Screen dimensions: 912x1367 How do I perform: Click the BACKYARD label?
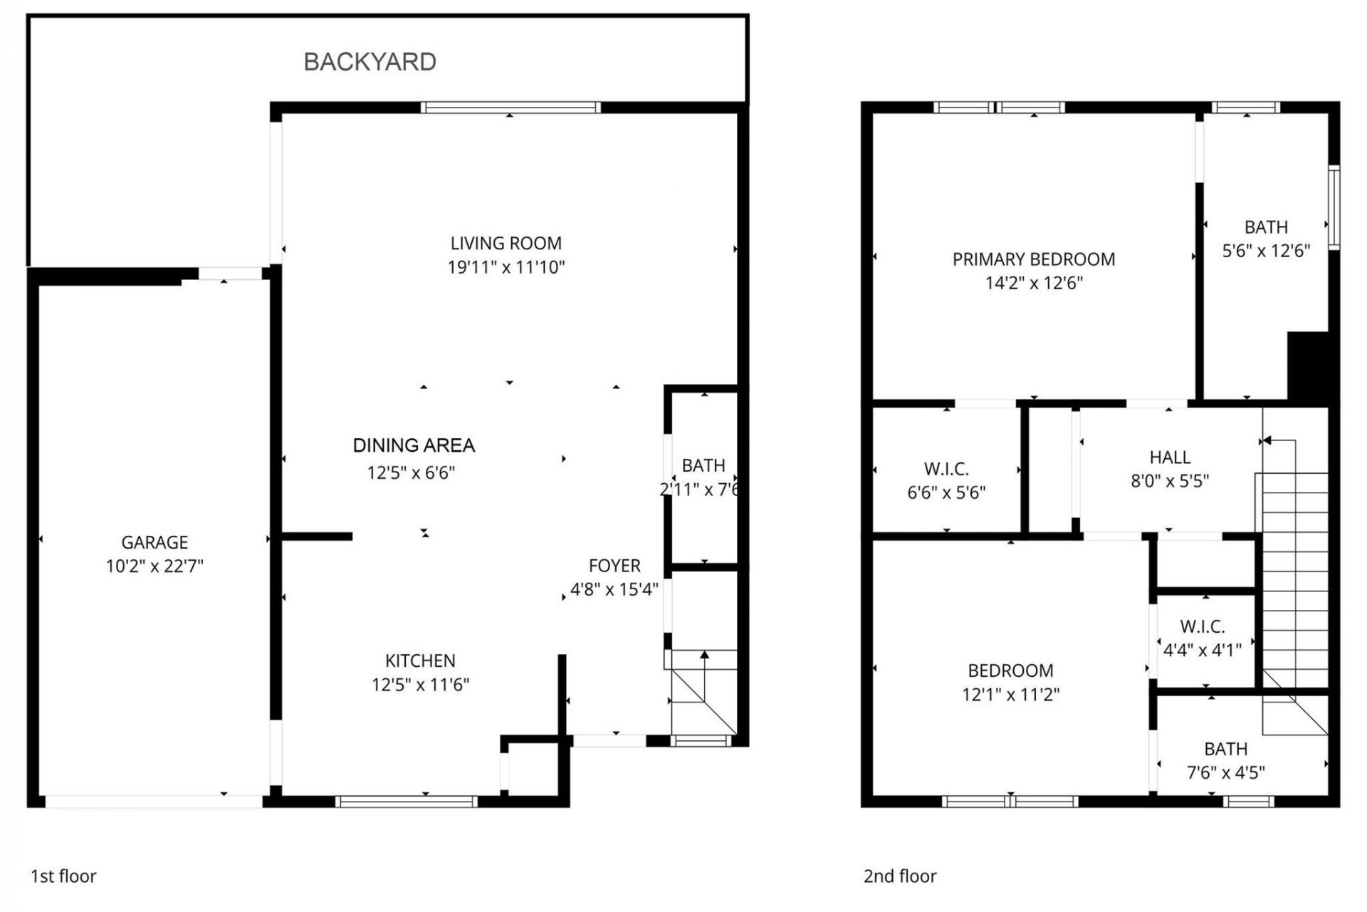pos(370,62)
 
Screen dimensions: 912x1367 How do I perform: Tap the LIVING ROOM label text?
pos(506,243)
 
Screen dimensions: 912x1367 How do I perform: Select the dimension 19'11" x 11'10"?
pos(506,267)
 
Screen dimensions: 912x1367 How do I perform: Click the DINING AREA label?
pos(414,445)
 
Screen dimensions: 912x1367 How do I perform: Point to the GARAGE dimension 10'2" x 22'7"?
pos(154,566)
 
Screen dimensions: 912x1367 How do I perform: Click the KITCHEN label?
pos(420,660)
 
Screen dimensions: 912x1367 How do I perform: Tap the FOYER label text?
pos(614,566)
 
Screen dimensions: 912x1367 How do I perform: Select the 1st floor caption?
pos(63,876)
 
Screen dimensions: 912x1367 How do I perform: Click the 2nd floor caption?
pos(900,876)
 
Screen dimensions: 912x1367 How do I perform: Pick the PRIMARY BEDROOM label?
pos(1033,259)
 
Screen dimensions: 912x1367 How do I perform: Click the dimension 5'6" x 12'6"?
pos(1265,251)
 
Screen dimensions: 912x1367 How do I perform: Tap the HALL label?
pos(1169,457)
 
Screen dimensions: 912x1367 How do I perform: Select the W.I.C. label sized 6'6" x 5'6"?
pos(946,469)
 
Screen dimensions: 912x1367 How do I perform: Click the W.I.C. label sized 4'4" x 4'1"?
pos(1202,626)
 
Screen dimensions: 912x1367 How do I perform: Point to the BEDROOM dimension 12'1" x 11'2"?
pos(1010,695)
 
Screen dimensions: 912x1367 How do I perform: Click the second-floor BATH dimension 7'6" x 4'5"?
pos(1225,772)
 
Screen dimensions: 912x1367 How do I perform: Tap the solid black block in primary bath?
pos(1308,366)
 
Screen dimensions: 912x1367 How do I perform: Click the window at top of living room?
pos(510,108)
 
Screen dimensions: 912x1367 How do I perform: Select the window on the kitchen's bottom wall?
pos(406,802)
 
